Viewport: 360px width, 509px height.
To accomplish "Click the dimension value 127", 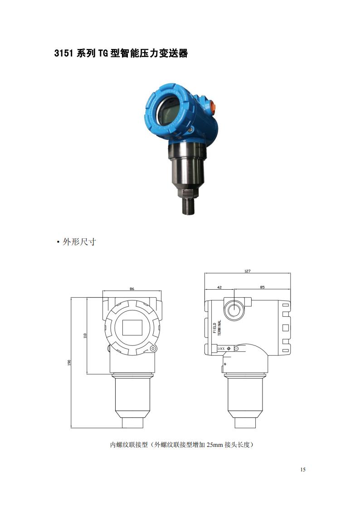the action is pos(248,271).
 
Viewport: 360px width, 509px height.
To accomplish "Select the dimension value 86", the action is pos(132,289).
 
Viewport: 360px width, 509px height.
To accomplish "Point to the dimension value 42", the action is pos(219,287).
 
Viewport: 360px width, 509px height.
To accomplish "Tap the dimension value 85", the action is pos(262,287).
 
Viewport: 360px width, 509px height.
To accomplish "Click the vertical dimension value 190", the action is pos(69,362).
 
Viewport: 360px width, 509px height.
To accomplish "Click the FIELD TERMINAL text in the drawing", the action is pos(217,328).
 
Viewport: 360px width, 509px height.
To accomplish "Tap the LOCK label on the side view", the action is pos(221,349).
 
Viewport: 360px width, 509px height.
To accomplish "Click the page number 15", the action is pos(303,470).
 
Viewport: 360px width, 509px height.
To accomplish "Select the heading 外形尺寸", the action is pos(79,242).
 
